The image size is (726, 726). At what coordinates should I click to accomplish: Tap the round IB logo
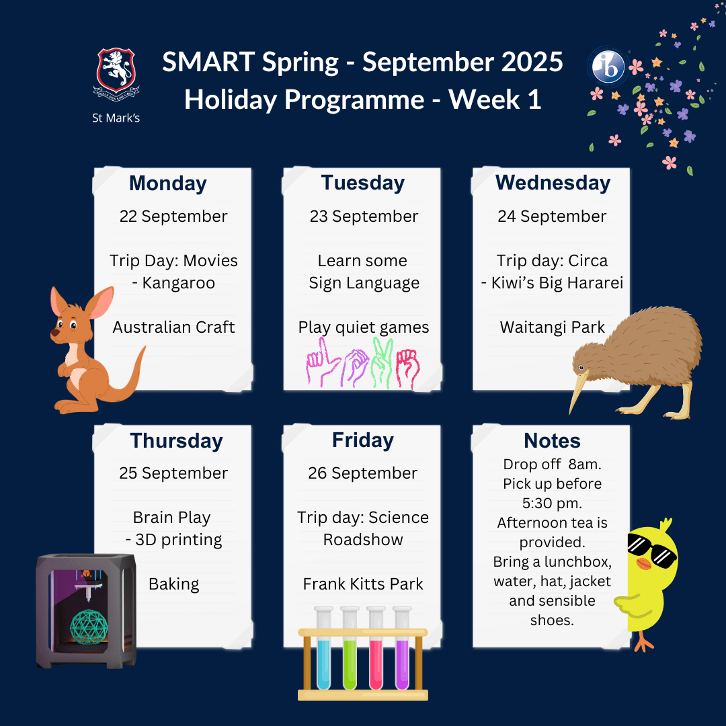[607, 66]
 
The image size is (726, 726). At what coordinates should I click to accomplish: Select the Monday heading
[168, 184]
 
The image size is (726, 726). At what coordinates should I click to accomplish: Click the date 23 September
[364, 216]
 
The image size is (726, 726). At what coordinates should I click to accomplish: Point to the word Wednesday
[553, 183]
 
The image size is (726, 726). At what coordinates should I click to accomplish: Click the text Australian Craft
[173, 327]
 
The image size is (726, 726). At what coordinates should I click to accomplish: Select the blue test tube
[323, 648]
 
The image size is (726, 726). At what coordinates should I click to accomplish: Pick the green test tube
[350, 648]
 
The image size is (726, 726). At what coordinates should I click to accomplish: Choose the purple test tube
[403, 648]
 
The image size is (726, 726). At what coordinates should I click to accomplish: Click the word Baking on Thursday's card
[173, 584]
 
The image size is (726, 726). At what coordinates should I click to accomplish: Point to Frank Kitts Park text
[363, 584]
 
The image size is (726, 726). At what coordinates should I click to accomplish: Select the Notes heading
[552, 441]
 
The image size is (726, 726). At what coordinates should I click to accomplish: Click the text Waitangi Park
[552, 327]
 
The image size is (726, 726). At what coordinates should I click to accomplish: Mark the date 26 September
[362, 473]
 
